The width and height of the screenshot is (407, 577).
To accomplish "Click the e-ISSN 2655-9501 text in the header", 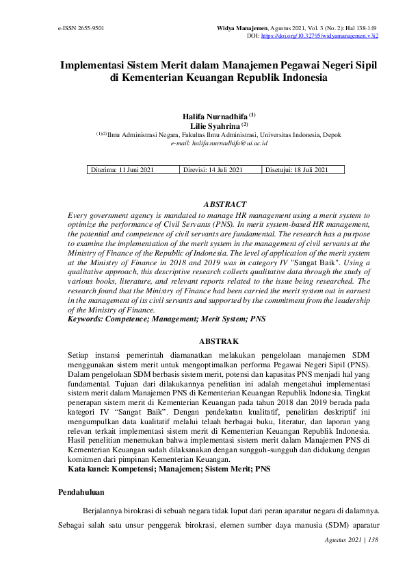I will (81, 29).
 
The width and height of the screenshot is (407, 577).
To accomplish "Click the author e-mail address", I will (219, 143).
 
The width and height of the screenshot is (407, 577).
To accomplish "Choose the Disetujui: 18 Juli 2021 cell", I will (297, 170).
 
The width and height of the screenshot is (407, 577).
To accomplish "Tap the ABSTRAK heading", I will (219, 341).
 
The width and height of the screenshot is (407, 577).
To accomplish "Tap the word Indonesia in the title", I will (301, 78).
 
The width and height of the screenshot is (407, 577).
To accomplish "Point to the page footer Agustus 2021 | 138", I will (354, 540).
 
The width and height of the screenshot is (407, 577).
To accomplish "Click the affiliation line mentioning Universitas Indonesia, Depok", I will (219, 135).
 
